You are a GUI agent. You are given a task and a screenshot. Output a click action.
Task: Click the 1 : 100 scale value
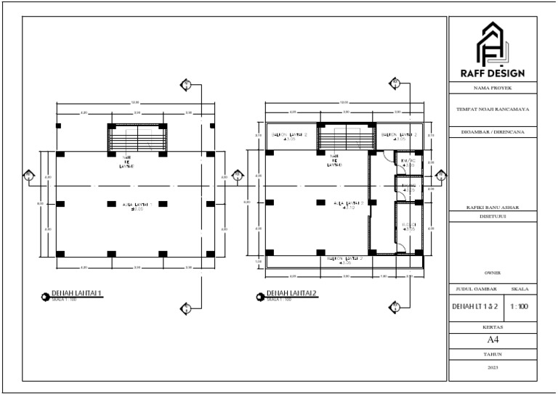click(519, 307)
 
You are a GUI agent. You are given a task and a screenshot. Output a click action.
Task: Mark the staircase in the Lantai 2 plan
click(344, 138)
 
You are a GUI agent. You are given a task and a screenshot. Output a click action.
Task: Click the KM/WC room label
click(408, 163)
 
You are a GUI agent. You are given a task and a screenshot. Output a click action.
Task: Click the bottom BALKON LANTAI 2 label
click(344, 260)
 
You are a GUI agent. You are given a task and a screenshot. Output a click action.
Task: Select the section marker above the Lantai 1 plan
click(187, 85)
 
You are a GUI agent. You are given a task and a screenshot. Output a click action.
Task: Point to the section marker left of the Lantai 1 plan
click(28, 175)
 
